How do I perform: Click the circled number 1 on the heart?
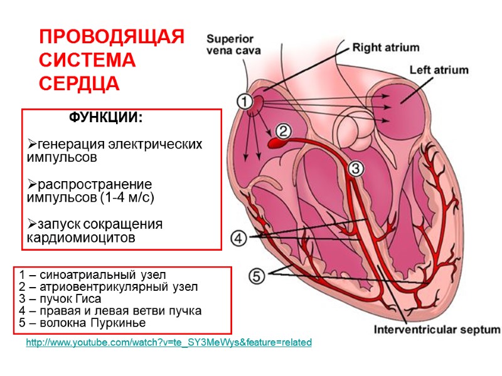click(x=244, y=101)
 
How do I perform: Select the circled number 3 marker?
click(x=355, y=169)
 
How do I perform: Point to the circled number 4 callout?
click(x=239, y=238)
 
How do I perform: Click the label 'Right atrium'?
click(x=385, y=47)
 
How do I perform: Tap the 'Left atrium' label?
click(x=439, y=70)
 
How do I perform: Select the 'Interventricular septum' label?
click(x=437, y=330)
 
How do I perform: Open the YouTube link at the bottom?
click(x=169, y=343)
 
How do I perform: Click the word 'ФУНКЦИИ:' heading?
click(x=105, y=118)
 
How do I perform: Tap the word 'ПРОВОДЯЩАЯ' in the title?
click(x=112, y=37)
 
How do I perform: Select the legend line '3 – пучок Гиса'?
click(x=60, y=298)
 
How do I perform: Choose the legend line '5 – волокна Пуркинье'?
click(x=82, y=323)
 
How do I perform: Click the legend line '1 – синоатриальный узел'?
click(x=93, y=274)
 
